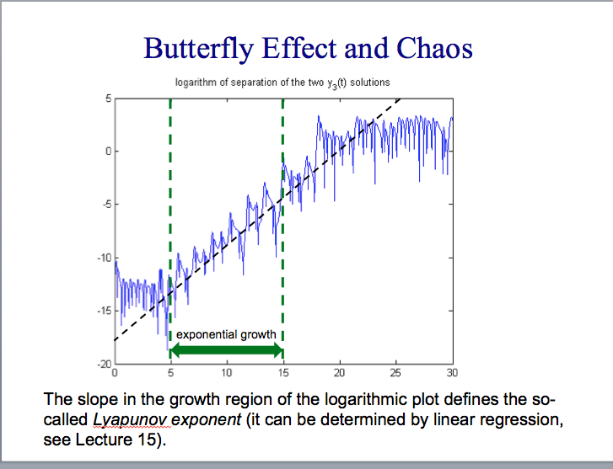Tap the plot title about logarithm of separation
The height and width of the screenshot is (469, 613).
(282, 83)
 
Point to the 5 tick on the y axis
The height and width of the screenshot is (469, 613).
(107, 99)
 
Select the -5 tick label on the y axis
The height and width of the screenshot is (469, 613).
(105, 205)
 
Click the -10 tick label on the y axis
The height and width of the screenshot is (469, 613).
(103, 258)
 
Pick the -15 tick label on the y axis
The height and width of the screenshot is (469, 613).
(103, 311)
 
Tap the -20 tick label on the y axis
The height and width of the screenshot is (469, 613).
(103, 363)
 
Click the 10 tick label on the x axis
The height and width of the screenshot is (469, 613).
(227, 372)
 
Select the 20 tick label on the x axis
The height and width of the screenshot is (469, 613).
(339, 372)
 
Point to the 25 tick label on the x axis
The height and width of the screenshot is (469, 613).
(395, 372)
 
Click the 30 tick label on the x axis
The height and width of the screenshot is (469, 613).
(452, 372)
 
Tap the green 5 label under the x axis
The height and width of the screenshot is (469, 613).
(170, 372)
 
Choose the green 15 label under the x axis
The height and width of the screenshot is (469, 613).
(282, 372)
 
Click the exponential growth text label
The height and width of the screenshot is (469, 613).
(226, 334)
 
